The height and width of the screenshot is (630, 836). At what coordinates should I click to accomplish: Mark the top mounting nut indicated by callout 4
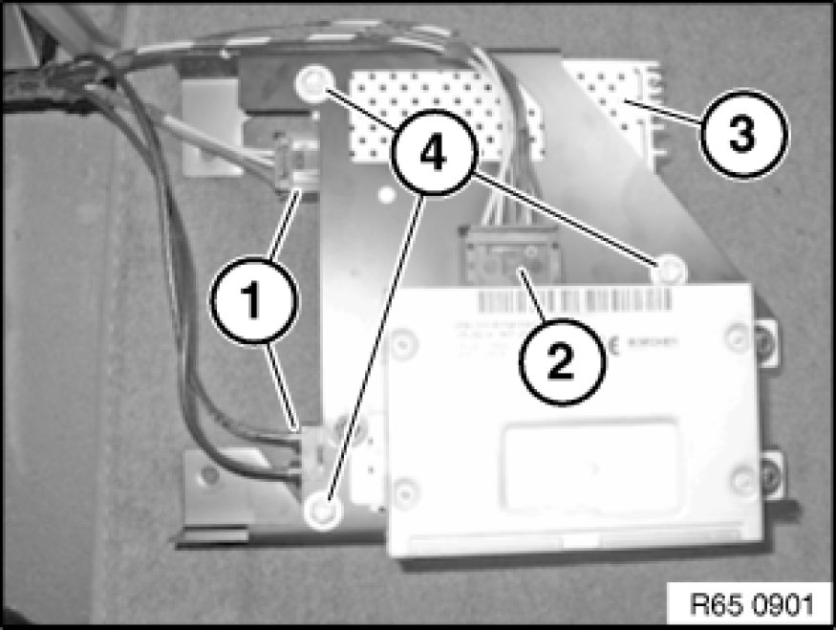[311, 82]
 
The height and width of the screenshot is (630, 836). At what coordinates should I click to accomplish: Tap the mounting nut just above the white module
[671, 269]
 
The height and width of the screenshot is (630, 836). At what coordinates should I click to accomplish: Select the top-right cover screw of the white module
[737, 336]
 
